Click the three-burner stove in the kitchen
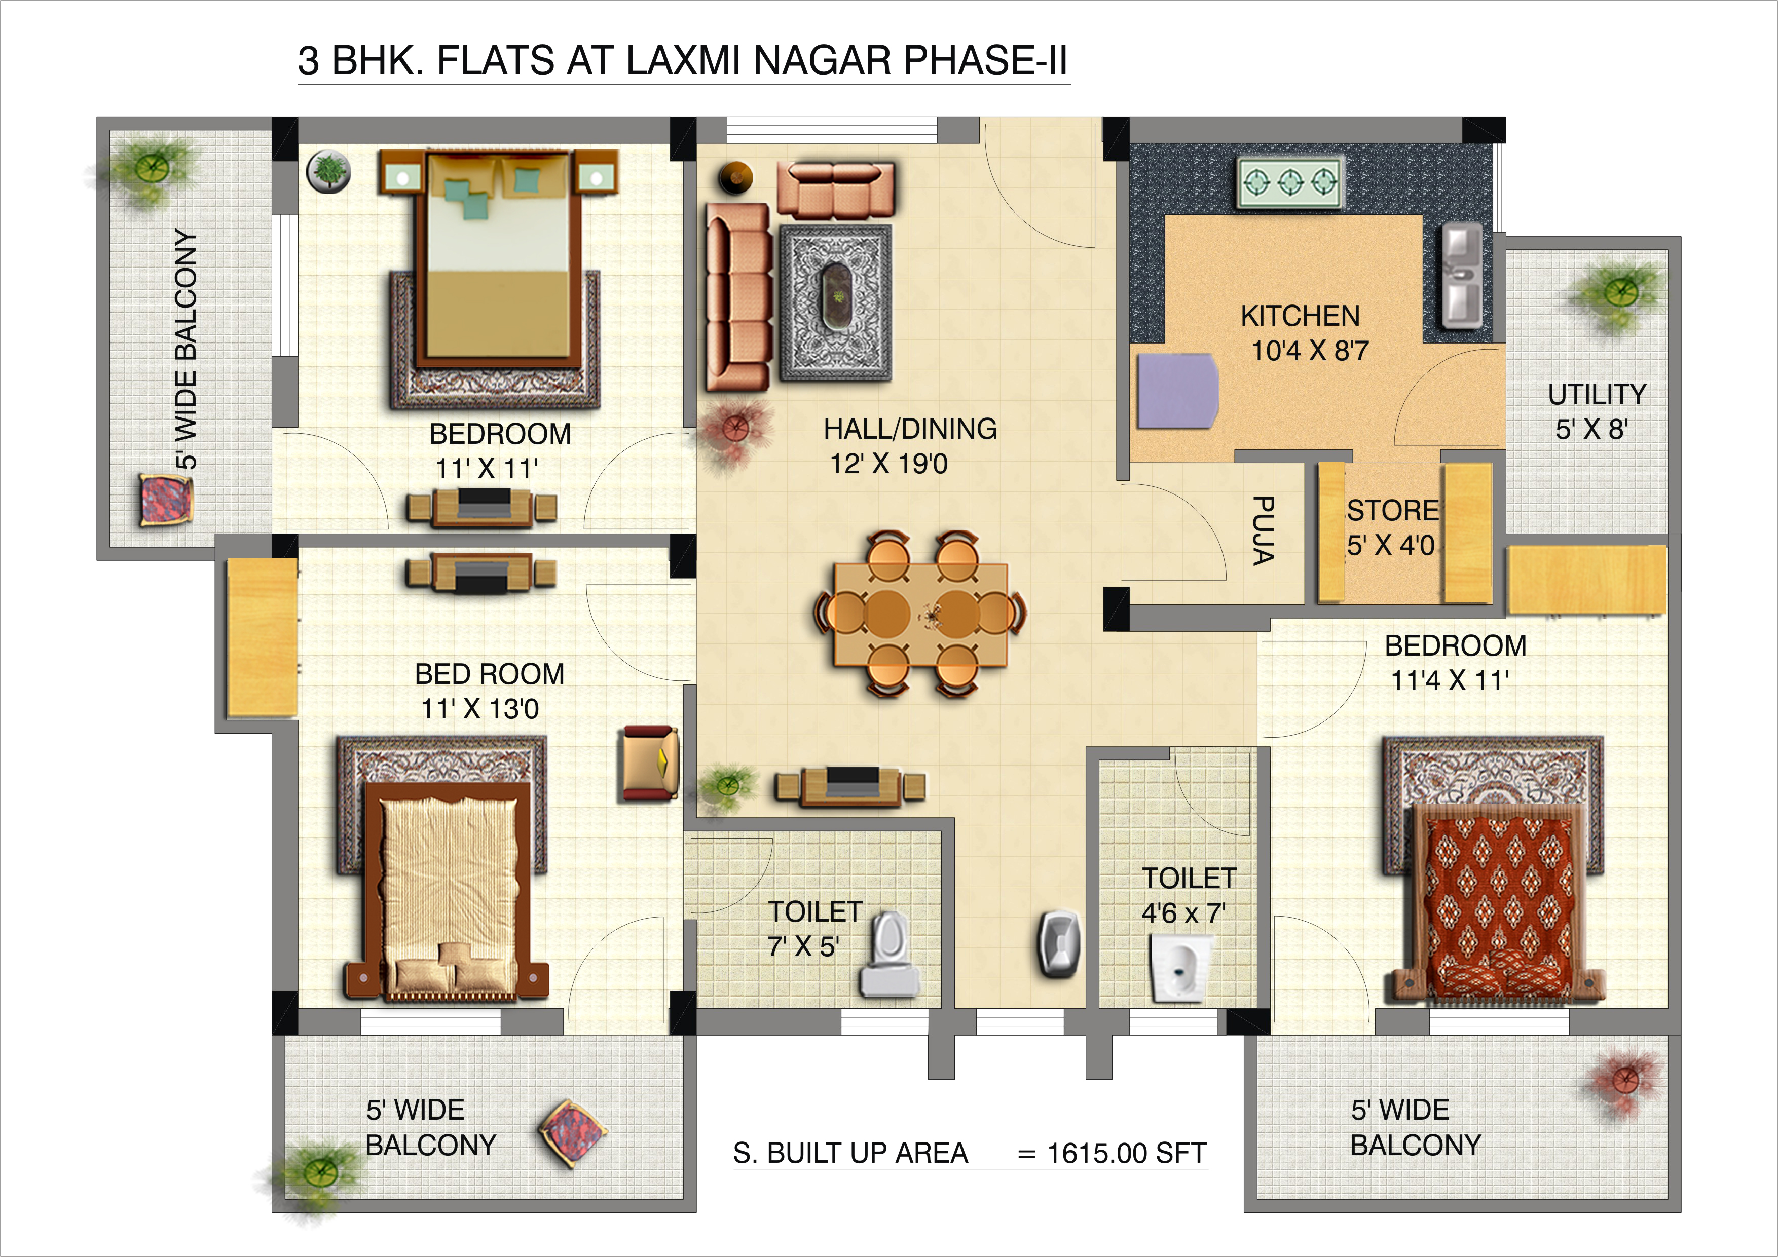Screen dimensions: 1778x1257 click(x=1290, y=183)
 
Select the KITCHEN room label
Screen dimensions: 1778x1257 click(x=1300, y=316)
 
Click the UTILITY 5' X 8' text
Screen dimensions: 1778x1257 click(x=1597, y=411)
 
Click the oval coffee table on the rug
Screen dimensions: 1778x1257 click(x=836, y=296)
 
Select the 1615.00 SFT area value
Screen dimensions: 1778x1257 click(x=1127, y=1153)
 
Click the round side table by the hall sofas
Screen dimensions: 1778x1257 click(x=735, y=178)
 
